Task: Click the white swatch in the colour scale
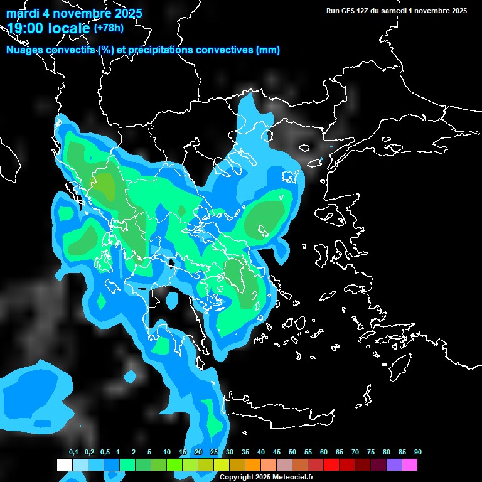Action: pyautogui.click(x=64, y=465)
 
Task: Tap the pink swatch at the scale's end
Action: pyautogui.click(x=410, y=465)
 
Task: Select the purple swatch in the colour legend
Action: pyautogui.click(x=394, y=465)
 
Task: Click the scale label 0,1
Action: pyautogui.click(x=73, y=453)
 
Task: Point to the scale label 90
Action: pyautogui.click(x=418, y=453)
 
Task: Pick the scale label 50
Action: pyautogui.click(x=292, y=453)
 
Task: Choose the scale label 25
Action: pyautogui.click(x=214, y=453)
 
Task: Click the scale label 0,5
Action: pyautogui.click(x=105, y=453)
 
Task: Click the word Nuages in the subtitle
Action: pyautogui.click(x=25, y=50)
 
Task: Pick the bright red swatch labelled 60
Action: pyautogui.click(x=331, y=465)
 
